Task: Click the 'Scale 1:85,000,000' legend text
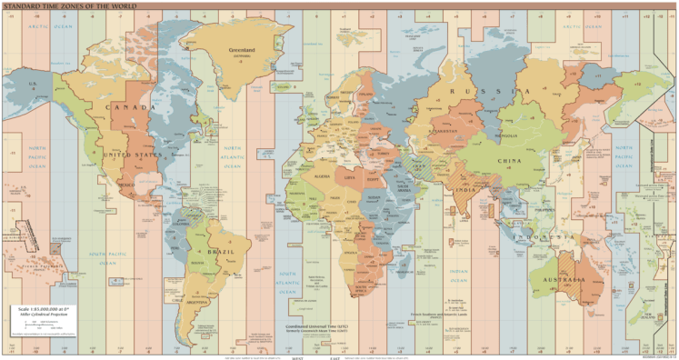point(44,309)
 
